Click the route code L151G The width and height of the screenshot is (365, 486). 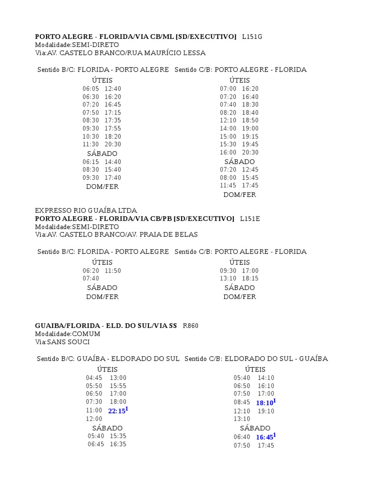(x=252, y=37)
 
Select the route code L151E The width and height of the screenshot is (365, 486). (x=250, y=218)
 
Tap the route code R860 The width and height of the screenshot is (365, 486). (x=191, y=326)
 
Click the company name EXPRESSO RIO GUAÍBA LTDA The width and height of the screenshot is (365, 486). (x=86, y=210)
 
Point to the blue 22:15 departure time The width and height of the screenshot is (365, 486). (x=117, y=411)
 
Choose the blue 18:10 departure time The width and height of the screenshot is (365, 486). (x=264, y=403)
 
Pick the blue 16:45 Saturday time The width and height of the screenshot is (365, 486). (x=264, y=437)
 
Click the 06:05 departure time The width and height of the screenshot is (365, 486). (x=91, y=89)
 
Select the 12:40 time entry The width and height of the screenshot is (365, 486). (x=113, y=89)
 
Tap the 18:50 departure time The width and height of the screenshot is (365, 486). (x=250, y=121)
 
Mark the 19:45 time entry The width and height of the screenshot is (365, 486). (x=250, y=144)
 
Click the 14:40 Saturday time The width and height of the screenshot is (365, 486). (x=113, y=161)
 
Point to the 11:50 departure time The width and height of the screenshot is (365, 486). (x=113, y=271)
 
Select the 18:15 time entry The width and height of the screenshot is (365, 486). (x=250, y=279)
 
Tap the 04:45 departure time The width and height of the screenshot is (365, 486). (x=94, y=378)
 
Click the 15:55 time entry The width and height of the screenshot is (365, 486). (x=118, y=386)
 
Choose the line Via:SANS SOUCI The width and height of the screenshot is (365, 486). (x=62, y=342)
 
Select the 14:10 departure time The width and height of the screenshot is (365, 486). (x=266, y=378)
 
